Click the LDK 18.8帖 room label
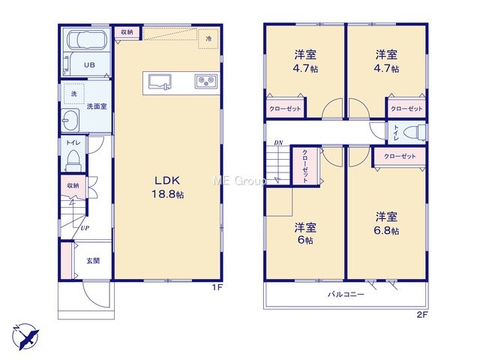168,187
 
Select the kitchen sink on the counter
160,82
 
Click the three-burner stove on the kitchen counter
206,82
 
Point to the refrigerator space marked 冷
208,38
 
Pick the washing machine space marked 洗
74,94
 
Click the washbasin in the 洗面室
70,120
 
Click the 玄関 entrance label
93,261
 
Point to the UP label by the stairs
85,228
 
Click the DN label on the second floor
278,142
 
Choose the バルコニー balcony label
346,295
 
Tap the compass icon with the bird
26,336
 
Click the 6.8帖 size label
386,230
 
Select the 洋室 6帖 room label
305,233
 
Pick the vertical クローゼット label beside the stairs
305,166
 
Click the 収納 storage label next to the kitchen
127,31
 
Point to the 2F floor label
421,315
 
